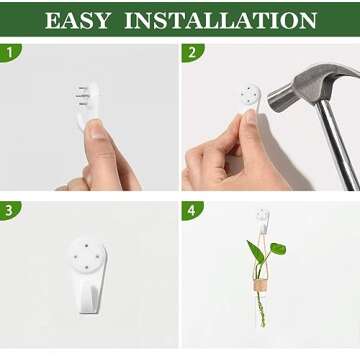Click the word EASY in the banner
point(78,21)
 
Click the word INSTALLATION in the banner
point(220,21)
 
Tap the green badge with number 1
point(10,52)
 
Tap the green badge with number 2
point(192,52)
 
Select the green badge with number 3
point(10,211)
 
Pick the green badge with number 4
point(192,211)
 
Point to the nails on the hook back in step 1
point(82,96)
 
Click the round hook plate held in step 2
point(251,94)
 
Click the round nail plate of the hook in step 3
point(88,255)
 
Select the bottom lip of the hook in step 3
point(89,308)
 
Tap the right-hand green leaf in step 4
point(278,249)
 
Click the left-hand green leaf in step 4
point(255,252)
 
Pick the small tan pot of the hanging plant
point(260,285)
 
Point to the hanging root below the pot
point(261,308)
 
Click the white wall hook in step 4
point(263,221)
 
